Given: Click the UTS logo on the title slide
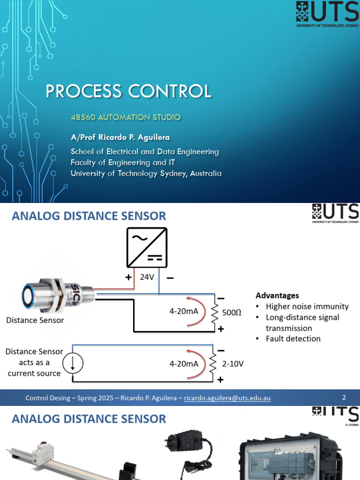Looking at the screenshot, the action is pyautogui.click(x=327, y=14).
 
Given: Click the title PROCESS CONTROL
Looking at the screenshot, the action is pyautogui.click(x=128, y=91).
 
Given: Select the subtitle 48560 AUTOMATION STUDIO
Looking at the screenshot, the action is pyautogui.click(x=126, y=117).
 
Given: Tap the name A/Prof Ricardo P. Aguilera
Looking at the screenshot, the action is pyautogui.click(x=120, y=137).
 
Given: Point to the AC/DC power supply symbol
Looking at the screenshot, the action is pyautogui.click(x=147, y=247).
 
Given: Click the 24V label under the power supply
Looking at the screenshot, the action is pyautogui.click(x=147, y=277).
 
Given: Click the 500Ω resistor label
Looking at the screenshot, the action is pyautogui.click(x=232, y=313).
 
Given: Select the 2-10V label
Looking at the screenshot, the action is pyautogui.click(x=232, y=364).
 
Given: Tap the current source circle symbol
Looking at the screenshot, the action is pyautogui.click(x=73, y=363).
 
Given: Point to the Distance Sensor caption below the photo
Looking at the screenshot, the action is pyautogui.click(x=35, y=320).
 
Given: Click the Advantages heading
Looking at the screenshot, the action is pyautogui.click(x=277, y=295).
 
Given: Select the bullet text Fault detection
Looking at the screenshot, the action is pyautogui.click(x=293, y=338).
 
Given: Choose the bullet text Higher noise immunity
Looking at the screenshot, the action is pyautogui.click(x=307, y=307).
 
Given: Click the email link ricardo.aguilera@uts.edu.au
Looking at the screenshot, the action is pyautogui.click(x=227, y=398).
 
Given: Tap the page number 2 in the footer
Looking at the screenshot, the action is pyautogui.click(x=344, y=397).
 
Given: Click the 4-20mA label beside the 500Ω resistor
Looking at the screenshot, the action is pyautogui.click(x=184, y=311).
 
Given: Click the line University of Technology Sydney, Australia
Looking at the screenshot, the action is pyautogui.click(x=146, y=173).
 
